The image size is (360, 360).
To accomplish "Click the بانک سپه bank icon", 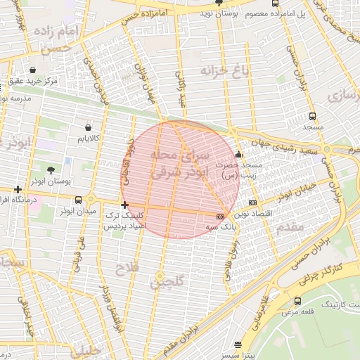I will click(221, 216).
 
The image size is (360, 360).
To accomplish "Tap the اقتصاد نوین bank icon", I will click(252, 202).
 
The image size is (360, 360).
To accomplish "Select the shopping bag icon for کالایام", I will click(88, 127).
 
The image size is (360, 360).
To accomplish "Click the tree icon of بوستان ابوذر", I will click(51, 169).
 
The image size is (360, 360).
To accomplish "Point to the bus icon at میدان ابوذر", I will click(77, 200).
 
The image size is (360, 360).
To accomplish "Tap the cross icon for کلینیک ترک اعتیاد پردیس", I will click(125, 205).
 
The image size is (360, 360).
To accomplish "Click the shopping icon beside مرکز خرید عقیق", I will click(33, 70).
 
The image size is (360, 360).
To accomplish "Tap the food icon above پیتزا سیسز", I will click(238, 345).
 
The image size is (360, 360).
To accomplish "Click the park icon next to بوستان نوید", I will click(219, 3).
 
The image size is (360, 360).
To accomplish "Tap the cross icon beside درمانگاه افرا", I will click(18, 189).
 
